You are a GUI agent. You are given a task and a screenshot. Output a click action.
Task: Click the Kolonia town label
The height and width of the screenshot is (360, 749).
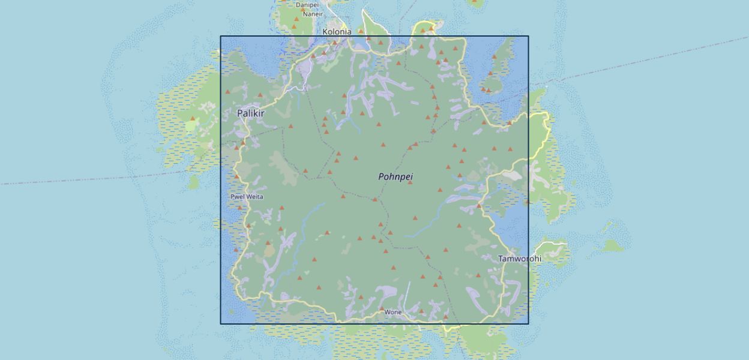click(x=337, y=32)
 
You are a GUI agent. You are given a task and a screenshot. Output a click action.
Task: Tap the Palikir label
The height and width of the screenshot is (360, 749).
click(x=250, y=113)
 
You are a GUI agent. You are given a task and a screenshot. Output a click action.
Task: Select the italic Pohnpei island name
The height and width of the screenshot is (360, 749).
click(x=396, y=176)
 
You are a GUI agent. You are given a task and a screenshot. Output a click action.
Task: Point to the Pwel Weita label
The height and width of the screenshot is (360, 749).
click(x=247, y=197)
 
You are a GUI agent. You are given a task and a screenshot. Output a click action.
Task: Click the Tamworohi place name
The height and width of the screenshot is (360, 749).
click(x=519, y=259)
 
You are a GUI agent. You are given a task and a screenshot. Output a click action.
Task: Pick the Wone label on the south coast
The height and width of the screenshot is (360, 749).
click(x=393, y=312)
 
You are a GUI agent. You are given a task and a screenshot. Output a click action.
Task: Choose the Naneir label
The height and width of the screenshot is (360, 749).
click(x=313, y=14)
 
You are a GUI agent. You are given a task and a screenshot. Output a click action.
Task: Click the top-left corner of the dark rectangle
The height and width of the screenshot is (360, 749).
click(x=220, y=36)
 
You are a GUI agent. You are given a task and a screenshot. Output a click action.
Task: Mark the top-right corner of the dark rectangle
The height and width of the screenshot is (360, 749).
click(x=528, y=36)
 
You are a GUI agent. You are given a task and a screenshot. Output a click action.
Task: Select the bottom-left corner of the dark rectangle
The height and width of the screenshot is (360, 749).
click(x=220, y=324)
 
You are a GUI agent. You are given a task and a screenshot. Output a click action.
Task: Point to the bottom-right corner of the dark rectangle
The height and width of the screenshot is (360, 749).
click(x=528, y=324)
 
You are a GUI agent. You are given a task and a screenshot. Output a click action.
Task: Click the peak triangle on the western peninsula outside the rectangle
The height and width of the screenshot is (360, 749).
click(x=193, y=119)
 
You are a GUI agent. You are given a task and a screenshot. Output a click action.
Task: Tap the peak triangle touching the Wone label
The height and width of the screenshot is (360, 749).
click(x=382, y=308)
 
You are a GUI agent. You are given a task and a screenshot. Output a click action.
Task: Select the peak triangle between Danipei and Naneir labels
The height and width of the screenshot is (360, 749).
click(x=302, y=10)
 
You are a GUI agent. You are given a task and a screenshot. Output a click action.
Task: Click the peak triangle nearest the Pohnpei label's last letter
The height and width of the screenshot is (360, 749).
click(x=410, y=182)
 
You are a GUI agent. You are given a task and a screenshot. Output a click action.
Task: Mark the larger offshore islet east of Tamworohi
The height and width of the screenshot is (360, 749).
click(x=612, y=245)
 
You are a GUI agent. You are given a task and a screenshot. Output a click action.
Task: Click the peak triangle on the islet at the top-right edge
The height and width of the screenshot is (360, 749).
click(x=475, y=2)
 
